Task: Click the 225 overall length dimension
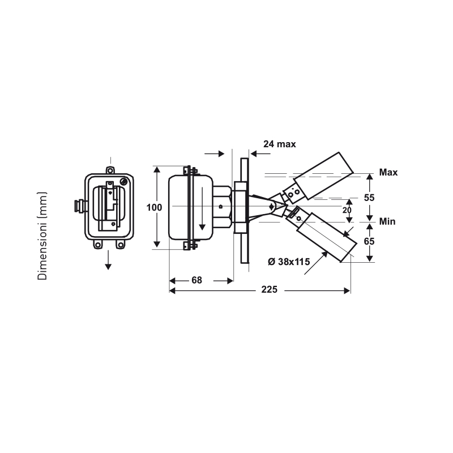pos(270,289)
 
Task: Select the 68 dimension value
pos(196,280)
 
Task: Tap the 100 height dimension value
pos(154,207)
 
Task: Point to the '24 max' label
pos(280,144)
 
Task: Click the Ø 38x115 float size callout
pos(289,262)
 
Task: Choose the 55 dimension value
pos(369,198)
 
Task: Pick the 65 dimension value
pos(369,241)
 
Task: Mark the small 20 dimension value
pos(347,210)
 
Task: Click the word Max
pos(388,173)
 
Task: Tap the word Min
pos(387,221)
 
